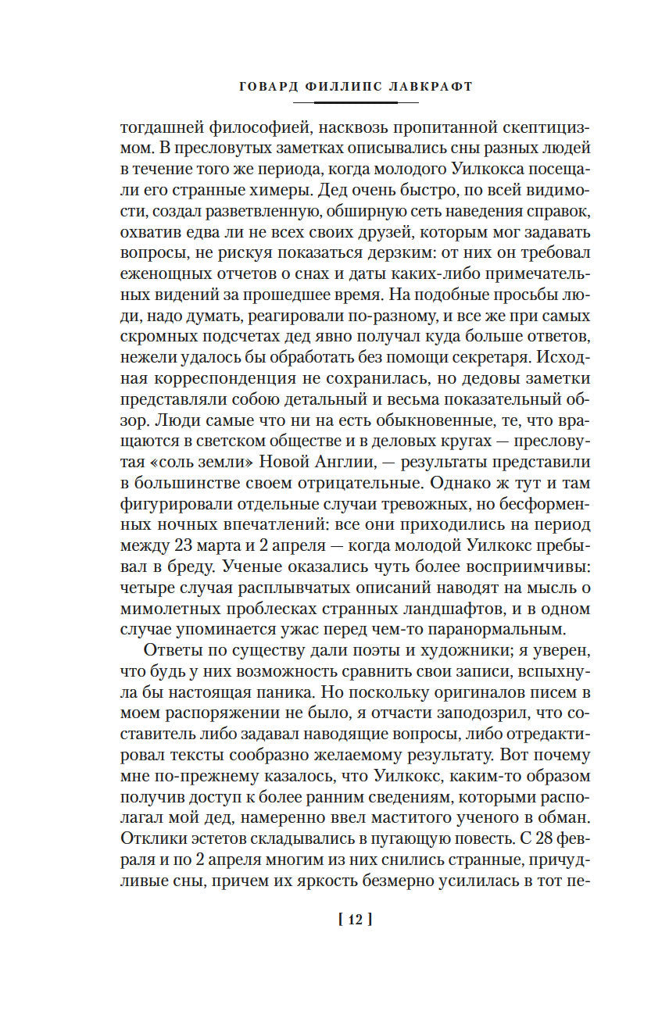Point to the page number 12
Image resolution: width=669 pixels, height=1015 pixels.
(x=353, y=920)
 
